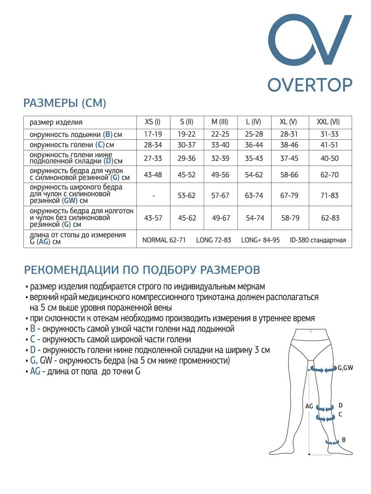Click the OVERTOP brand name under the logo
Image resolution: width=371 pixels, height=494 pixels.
pyautogui.click(x=310, y=84)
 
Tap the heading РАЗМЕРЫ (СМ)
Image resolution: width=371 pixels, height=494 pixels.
pyautogui.click(x=65, y=103)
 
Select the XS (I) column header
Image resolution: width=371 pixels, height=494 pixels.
pyautogui.click(x=153, y=122)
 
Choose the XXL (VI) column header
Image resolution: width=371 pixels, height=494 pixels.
pyautogui.click(x=328, y=122)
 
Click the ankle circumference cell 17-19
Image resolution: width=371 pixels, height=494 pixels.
pyautogui.click(x=153, y=134)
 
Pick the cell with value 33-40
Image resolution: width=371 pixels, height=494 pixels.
pyautogui.click(x=220, y=145)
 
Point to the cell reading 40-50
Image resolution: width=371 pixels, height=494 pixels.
pyautogui.click(x=329, y=158)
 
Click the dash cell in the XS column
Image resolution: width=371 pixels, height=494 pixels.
pyautogui.click(x=153, y=196)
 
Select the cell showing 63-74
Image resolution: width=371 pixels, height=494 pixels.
pyautogui.click(x=254, y=196)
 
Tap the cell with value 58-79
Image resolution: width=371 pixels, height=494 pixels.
pyautogui.click(x=290, y=218)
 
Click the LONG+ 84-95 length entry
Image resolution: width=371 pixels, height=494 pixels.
pyautogui.click(x=260, y=240)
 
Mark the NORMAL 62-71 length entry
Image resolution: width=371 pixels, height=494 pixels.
pyautogui.click(x=164, y=240)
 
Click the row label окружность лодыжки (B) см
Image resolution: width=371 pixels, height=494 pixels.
pyautogui.click(x=76, y=134)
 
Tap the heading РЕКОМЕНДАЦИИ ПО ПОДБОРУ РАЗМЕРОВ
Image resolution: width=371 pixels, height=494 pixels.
pyautogui.click(x=142, y=270)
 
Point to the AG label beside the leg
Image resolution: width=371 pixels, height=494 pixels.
pyautogui.click(x=309, y=406)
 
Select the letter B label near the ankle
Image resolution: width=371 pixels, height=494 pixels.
pyautogui.click(x=344, y=440)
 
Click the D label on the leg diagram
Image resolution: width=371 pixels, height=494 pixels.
pyautogui.click(x=340, y=405)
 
